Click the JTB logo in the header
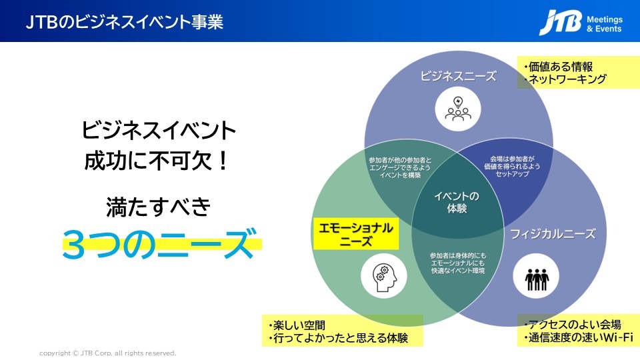click(561, 22)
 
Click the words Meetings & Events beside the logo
click(605, 24)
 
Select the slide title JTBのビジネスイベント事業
click(125, 22)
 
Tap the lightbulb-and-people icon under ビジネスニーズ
click(458, 109)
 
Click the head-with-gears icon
click(384, 277)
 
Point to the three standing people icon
click(536, 276)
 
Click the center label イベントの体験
click(457, 202)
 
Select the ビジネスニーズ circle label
click(459, 75)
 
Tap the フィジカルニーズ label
click(553, 234)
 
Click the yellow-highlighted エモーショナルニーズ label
click(355, 234)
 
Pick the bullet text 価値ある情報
click(559, 67)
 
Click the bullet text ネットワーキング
click(565, 79)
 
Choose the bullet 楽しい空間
click(297, 325)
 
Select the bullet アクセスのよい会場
click(573, 325)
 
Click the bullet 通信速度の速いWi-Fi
click(579, 337)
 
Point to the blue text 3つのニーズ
click(161, 244)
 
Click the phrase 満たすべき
click(159, 207)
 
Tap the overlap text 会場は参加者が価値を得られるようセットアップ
click(512, 166)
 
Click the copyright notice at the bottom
click(108, 353)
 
